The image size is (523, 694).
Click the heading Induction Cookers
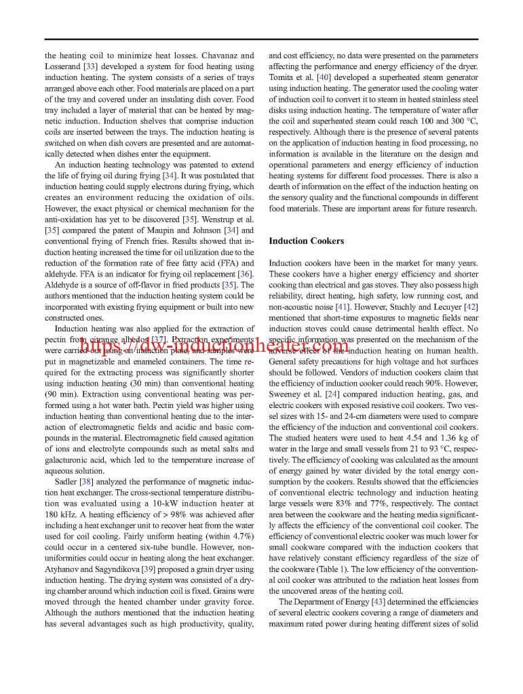click(x=307, y=241)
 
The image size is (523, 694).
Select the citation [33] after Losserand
click(x=90, y=66)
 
